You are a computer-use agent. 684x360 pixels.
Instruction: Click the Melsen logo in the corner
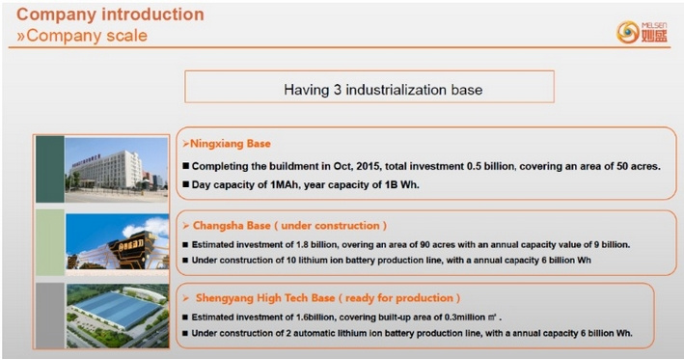pos(642,32)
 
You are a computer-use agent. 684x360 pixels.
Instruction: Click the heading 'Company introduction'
pos(110,14)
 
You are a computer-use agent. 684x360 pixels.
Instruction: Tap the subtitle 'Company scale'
pos(87,36)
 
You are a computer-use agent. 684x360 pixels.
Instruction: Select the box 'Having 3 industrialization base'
pos(369,87)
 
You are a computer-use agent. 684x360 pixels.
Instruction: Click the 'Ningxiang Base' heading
pos(231,144)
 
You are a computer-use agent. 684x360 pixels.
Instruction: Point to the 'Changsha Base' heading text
pos(232,226)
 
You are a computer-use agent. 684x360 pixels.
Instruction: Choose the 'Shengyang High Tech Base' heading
pos(265,298)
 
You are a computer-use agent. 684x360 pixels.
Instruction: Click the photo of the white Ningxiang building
pos(116,169)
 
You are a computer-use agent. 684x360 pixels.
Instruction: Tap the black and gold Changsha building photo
pos(118,241)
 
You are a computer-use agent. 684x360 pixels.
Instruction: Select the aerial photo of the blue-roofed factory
pos(118,316)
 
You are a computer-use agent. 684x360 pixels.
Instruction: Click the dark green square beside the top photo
pos(50,169)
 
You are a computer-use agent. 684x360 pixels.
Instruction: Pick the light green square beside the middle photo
pos(50,242)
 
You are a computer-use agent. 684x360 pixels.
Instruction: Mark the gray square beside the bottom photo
pos(50,316)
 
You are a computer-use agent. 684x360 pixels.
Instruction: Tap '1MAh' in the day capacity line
pos(285,185)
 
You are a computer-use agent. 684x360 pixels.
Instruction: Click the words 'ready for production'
pos(399,298)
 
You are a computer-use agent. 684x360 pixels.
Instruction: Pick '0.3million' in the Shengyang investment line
pos(465,318)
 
